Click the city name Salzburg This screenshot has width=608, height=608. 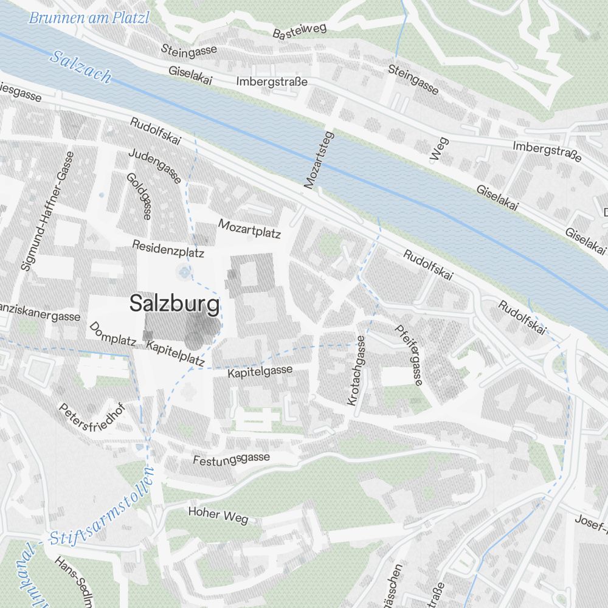click(174, 304)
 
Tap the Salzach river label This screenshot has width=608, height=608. click(81, 67)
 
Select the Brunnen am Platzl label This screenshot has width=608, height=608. click(89, 18)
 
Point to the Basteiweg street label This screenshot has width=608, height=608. click(300, 30)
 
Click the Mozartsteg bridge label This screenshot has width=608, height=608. click(320, 159)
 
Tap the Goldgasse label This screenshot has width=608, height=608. click(139, 195)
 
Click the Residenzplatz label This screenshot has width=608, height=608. click(168, 248)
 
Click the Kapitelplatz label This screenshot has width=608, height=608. click(176, 353)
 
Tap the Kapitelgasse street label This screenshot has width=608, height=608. click(260, 371)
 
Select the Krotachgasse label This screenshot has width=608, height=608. click(357, 370)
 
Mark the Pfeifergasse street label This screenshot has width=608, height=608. click(409, 354)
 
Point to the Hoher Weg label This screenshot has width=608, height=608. click(218, 515)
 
